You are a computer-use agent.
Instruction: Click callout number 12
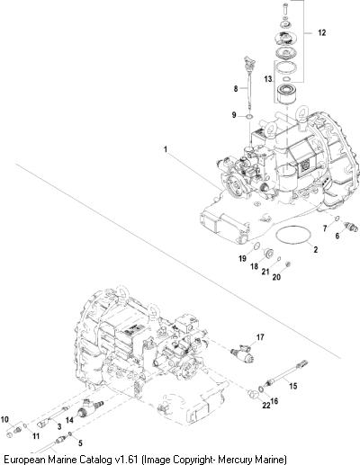pyautogui.click(x=321, y=32)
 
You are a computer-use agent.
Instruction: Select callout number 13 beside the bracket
pyautogui.click(x=268, y=79)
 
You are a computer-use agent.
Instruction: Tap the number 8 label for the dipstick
pyautogui.click(x=236, y=88)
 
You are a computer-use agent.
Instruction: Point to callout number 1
pyautogui.click(x=166, y=149)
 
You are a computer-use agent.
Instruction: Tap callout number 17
pyautogui.click(x=260, y=337)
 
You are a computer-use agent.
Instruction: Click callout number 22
pyautogui.click(x=266, y=405)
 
